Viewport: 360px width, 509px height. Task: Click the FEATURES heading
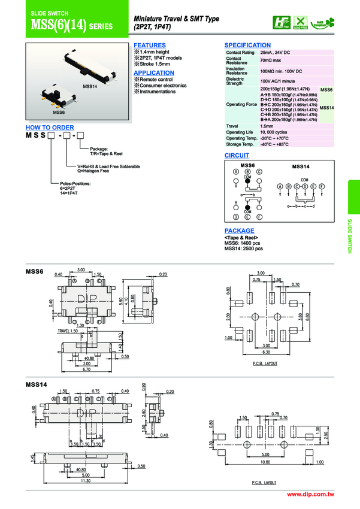click(x=149, y=46)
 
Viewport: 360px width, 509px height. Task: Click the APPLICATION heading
click(x=153, y=73)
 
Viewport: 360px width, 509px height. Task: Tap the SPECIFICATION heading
click(x=247, y=46)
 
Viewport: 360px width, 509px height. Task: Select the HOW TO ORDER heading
click(x=50, y=128)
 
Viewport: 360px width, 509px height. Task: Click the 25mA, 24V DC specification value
click(x=275, y=53)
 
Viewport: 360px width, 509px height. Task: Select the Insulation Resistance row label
click(x=237, y=71)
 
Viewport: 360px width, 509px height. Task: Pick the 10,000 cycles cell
click(x=274, y=132)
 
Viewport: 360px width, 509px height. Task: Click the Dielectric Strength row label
click(x=235, y=81)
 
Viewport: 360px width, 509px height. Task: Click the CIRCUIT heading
click(x=237, y=156)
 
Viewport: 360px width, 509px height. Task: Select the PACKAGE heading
click(x=239, y=231)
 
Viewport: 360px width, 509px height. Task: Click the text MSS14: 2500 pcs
click(x=244, y=249)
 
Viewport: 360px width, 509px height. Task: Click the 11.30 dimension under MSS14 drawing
click(x=86, y=480)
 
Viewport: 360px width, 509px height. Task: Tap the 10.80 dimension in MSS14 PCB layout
click(x=265, y=462)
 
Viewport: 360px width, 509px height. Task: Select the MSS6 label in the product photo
click(x=59, y=112)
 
